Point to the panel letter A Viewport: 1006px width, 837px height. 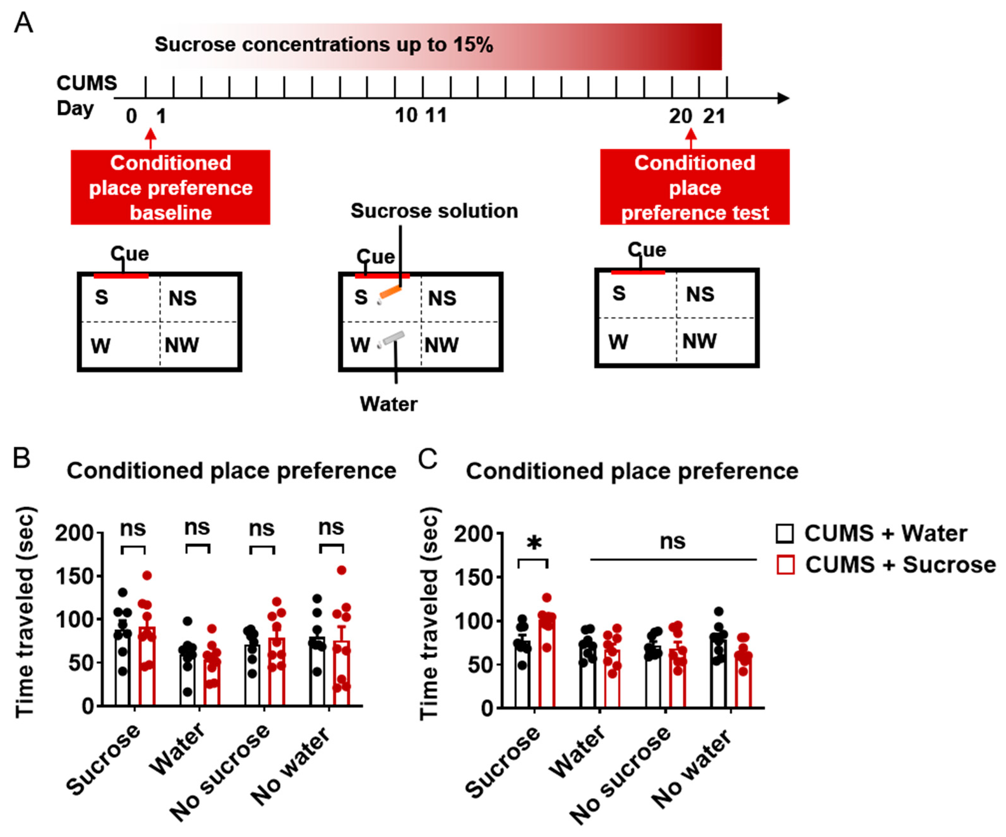pyautogui.click(x=24, y=23)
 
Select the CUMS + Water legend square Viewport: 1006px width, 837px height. pyautogui.click(x=785, y=533)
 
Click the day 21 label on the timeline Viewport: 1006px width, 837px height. pyautogui.click(x=714, y=116)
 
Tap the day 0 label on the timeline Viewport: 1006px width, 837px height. pyautogui.click(x=131, y=116)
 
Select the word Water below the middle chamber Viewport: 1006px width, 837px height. pyautogui.click(x=388, y=404)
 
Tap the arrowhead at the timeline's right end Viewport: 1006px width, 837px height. pyautogui.click(x=783, y=98)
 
